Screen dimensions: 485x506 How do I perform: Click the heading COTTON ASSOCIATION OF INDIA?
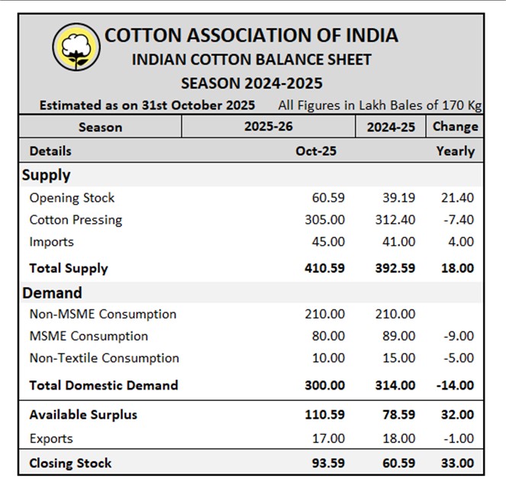click(251, 35)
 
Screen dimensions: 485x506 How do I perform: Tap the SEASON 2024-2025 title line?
click(251, 82)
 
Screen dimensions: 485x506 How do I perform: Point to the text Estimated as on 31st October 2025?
click(147, 105)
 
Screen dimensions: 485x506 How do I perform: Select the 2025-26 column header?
click(268, 127)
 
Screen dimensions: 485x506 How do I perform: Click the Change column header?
click(456, 127)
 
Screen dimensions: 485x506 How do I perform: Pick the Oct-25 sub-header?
click(316, 151)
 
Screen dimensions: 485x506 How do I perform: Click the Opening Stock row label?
click(72, 198)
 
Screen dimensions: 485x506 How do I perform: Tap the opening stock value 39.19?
click(398, 198)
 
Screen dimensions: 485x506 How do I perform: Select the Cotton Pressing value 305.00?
click(324, 220)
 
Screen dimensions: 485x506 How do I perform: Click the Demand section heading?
click(52, 293)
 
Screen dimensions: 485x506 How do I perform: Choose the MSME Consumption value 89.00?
click(398, 336)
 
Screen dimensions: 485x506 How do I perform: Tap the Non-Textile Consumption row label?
click(104, 358)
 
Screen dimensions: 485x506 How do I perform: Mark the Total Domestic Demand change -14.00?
click(455, 386)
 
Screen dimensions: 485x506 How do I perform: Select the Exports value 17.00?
click(327, 438)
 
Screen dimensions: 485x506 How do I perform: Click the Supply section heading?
click(47, 175)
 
